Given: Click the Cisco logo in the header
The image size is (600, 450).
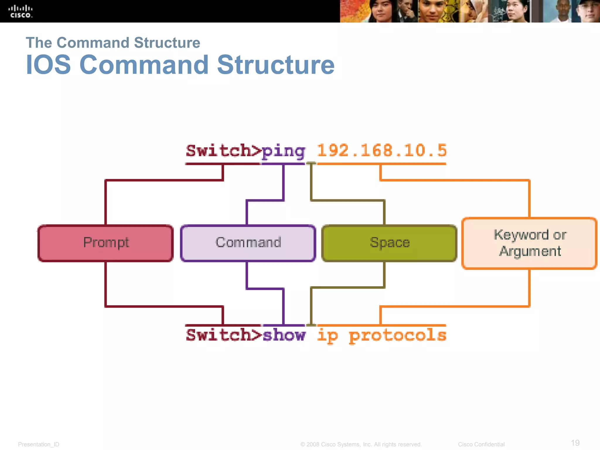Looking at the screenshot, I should click(20, 11).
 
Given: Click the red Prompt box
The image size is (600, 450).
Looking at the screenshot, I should click(105, 243).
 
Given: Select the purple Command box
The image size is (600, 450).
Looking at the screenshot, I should click(248, 243).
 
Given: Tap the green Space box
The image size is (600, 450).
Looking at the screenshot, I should click(389, 243).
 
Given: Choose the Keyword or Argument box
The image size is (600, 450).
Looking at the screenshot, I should click(529, 243).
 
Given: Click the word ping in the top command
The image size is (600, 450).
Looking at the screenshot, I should click(283, 151).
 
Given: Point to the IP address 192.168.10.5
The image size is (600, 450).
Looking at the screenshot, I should click(381, 151).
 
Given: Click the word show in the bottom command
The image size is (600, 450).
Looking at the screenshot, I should click(284, 335).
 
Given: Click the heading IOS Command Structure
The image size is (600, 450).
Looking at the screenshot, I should click(180, 65).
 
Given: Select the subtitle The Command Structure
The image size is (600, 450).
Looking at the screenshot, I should click(113, 43).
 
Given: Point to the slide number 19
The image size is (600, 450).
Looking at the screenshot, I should click(575, 443).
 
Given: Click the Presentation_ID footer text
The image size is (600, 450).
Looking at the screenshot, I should click(38, 444).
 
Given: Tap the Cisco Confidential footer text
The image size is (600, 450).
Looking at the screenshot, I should click(481, 444).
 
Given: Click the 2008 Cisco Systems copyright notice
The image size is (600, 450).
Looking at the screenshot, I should click(361, 444).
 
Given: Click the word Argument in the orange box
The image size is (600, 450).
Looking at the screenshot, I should click(530, 251).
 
